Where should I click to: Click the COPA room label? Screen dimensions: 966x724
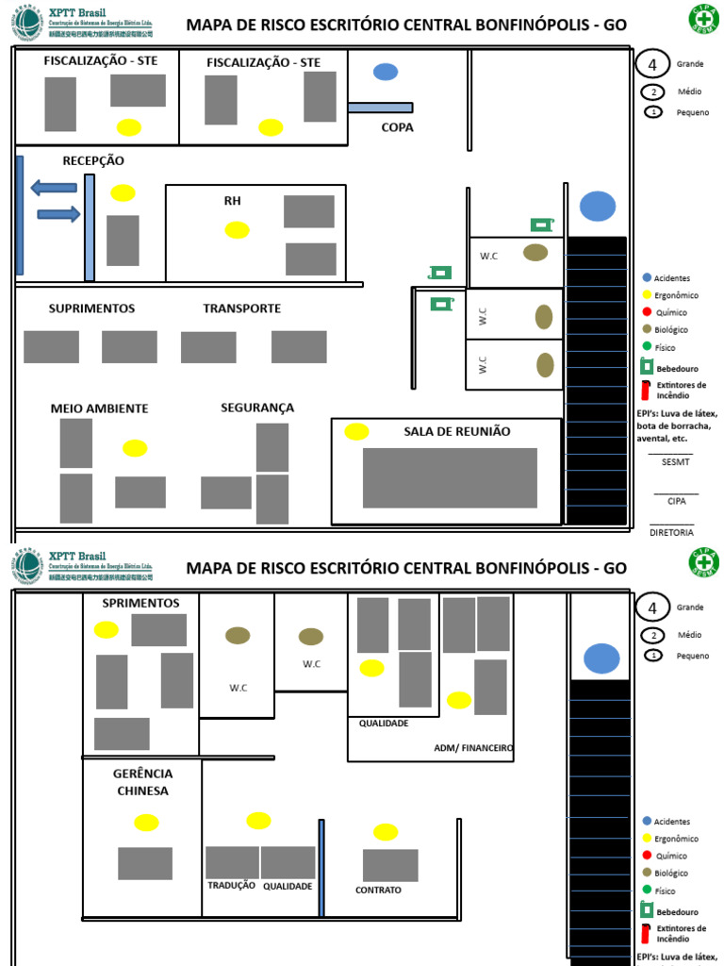(x=397, y=127)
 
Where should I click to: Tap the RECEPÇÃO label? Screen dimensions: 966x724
(x=93, y=161)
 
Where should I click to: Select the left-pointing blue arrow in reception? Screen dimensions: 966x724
(x=54, y=187)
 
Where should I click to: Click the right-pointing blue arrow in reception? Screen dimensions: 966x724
(x=58, y=214)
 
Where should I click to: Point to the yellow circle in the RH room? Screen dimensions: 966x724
(x=238, y=230)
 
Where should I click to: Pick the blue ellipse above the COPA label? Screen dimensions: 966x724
(x=386, y=72)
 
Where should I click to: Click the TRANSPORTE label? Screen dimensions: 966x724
(x=241, y=308)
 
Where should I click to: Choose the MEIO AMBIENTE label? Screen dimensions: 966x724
(x=99, y=408)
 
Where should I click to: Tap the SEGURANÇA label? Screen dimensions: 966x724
(x=257, y=408)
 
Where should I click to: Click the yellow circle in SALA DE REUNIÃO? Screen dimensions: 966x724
(x=356, y=432)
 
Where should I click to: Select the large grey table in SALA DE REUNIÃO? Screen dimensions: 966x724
(x=450, y=477)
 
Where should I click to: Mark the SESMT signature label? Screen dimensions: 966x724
(x=675, y=462)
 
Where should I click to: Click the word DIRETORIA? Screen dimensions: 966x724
(x=671, y=532)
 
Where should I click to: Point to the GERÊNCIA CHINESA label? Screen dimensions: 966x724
(x=142, y=782)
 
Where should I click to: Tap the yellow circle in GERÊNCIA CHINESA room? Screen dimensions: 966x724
(x=146, y=823)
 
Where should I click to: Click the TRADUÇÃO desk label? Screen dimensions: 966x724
(x=231, y=886)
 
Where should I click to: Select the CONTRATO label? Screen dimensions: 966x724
(x=378, y=890)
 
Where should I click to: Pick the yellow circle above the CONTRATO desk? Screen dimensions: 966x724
(x=386, y=832)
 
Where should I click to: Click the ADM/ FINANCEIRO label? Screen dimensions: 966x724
(x=473, y=748)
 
